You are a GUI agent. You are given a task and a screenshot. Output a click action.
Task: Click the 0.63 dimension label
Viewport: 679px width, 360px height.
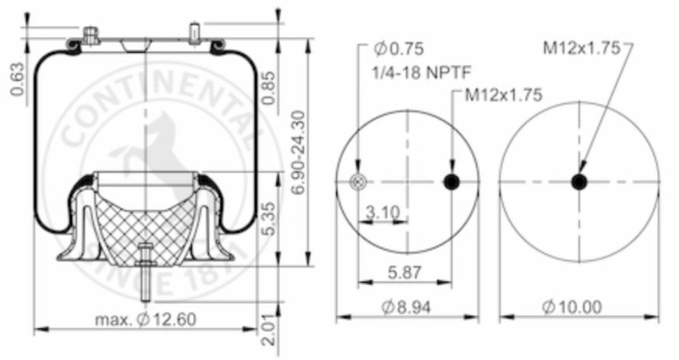coord(18,80)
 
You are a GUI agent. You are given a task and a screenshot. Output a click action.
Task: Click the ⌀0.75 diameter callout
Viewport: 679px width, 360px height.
coord(399,48)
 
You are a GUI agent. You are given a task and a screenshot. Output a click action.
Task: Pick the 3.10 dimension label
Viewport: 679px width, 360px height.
coord(382,213)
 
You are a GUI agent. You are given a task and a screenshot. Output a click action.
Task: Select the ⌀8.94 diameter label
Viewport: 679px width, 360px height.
coord(408,307)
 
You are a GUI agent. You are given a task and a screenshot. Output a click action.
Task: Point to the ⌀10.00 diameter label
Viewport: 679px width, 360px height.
coord(573,307)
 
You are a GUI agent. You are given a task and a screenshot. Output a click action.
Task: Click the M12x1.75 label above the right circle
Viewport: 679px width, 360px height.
coord(581,48)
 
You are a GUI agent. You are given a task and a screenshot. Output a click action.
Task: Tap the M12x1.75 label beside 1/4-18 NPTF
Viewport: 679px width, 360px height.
coord(504,95)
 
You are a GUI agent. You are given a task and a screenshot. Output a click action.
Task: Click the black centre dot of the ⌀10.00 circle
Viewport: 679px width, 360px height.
coord(579,182)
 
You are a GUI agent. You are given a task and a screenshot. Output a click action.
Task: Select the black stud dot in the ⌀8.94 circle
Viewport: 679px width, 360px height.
coord(451,182)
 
